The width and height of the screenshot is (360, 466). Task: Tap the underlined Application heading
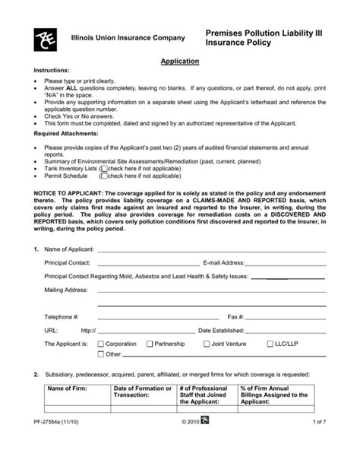point(180,61)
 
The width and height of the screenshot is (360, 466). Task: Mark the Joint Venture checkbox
point(205,344)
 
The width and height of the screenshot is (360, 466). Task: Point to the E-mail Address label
point(223,262)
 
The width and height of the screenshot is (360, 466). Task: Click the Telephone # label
point(62,315)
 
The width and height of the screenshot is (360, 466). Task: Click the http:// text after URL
point(88,330)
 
